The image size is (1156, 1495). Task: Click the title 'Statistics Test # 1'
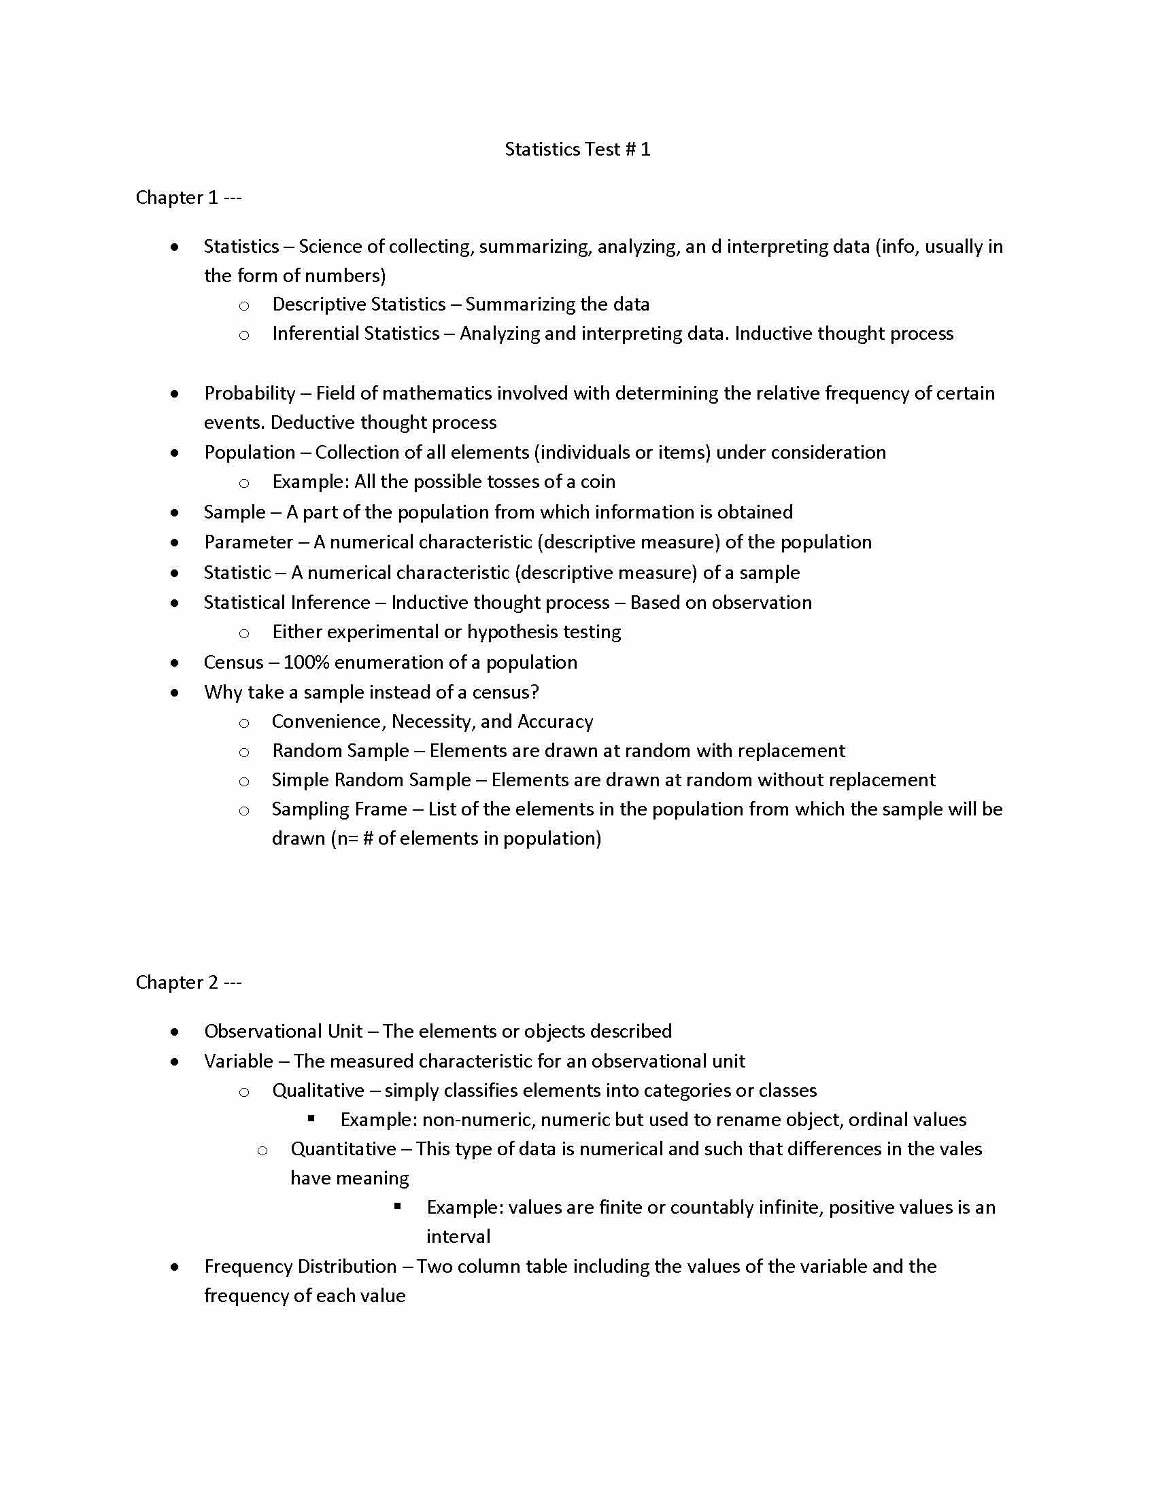577,149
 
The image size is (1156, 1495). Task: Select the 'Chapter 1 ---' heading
188,198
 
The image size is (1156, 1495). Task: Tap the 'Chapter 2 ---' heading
188,983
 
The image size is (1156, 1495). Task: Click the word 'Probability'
250,393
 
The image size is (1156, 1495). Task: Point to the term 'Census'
233,663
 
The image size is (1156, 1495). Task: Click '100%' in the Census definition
306,663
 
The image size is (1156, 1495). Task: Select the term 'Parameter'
249,542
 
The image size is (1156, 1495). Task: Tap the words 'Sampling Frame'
339,809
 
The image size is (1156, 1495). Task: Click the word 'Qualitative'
318,1091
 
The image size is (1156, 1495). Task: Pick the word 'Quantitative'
343,1148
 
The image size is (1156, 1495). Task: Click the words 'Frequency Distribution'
300,1267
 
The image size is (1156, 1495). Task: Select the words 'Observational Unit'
284,1031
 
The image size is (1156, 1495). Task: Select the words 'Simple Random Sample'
371,780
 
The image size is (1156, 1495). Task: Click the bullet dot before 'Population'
176,453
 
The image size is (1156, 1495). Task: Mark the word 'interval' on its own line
458,1236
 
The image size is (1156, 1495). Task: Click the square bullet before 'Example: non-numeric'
311,1119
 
